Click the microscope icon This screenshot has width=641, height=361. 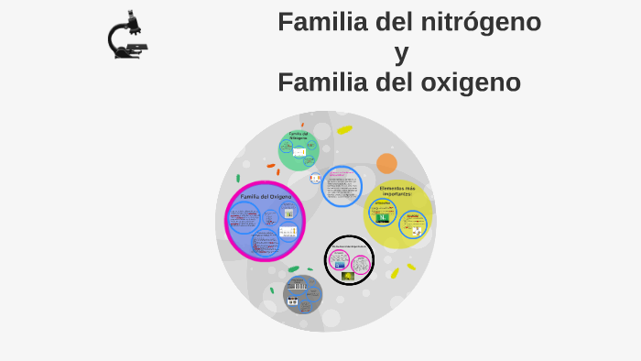click(x=127, y=36)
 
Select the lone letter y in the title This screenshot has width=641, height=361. click(x=401, y=53)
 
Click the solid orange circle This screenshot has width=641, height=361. click(x=386, y=163)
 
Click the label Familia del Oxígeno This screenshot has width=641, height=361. click(x=266, y=197)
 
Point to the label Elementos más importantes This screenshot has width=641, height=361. click(x=397, y=191)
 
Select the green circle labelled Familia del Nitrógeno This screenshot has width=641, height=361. click(x=299, y=150)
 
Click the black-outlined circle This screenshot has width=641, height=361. click(x=349, y=260)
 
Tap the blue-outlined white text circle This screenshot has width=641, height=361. click(x=342, y=186)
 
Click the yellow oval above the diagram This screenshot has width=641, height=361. click(x=344, y=130)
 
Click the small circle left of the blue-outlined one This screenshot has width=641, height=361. click(x=316, y=179)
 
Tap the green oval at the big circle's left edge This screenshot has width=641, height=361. click(x=238, y=178)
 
